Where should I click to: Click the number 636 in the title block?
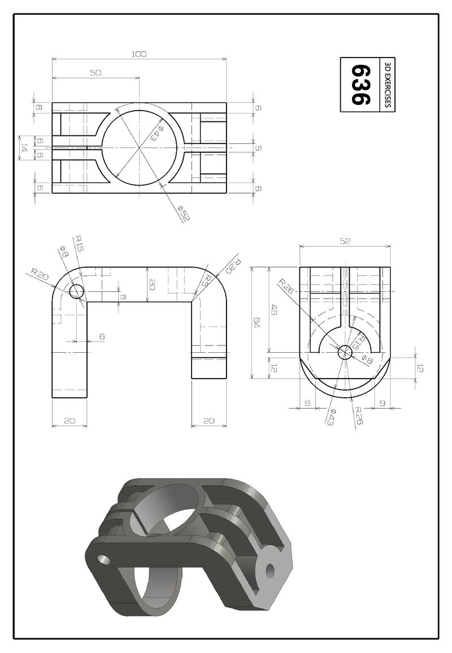(x=360, y=85)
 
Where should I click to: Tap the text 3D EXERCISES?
(x=387, y=85)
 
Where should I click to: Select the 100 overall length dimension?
(x=139, y=54)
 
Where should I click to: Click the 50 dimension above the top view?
(x=95, y=73)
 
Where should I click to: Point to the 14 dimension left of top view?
(x=24, y=147)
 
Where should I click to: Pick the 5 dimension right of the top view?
(x=258, y=148)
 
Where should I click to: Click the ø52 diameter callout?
(x=182, y=214)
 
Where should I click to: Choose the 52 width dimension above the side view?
(x=345, y=241)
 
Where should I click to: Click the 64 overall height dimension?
(x=257, y=323)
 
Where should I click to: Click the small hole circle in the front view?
(x=76, y=291)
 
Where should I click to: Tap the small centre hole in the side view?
(x=345, y=352)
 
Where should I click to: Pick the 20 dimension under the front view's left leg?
(x=69, y=420)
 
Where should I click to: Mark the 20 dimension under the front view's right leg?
(x=208, y=420)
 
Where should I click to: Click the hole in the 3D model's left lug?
(x=103, y=559)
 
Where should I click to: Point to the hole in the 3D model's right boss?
(x=270, y=570)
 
